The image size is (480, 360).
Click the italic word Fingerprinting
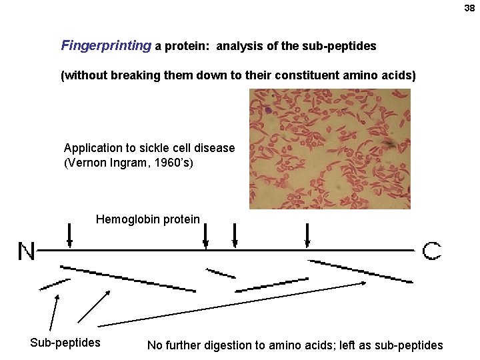coord(106,46)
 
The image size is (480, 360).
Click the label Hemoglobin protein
coord(147,219)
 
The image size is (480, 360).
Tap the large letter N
coord(27,252)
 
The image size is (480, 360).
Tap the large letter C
coord(431,251)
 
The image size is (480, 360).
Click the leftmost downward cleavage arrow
coord(70,235)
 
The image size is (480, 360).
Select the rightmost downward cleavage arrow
coord(307,235)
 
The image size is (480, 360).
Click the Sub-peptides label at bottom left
coord(65,343)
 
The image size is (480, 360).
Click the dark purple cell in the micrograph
coord(268,111)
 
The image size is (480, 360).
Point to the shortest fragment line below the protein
coord(221,273)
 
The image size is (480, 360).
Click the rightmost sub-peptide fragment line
coord(360,270)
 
